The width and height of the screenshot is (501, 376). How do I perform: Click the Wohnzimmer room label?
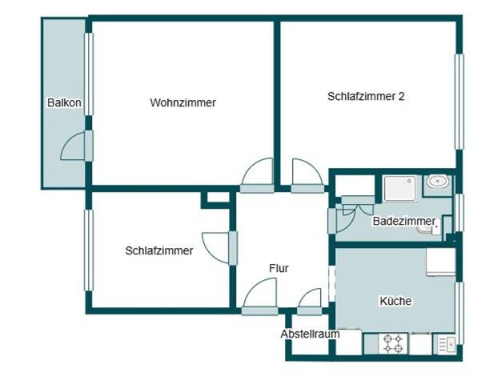coord(182,102)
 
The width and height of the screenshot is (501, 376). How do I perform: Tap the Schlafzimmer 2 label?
coord(366,96)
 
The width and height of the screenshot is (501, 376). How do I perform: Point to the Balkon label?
coord(64,102)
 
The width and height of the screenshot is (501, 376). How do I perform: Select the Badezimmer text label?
coord(404,221)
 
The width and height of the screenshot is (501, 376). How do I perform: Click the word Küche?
coord(395,301)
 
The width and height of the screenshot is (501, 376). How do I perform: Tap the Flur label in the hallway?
coord(279,268)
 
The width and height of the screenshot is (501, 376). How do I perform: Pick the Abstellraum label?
coord(310,334)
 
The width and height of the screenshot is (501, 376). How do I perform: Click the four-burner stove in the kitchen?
coord(393,343)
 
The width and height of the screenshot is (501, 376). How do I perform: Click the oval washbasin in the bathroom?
coord(438,182)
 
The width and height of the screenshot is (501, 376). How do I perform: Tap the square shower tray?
coord(399,189)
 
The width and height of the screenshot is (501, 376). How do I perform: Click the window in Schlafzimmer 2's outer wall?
coord(459,102)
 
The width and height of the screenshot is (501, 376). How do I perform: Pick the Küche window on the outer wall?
coord(459,313)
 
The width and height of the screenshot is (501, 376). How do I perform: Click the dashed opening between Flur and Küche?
coord(332,283)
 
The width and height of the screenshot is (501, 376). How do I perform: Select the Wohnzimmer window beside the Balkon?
coord(89,74)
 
